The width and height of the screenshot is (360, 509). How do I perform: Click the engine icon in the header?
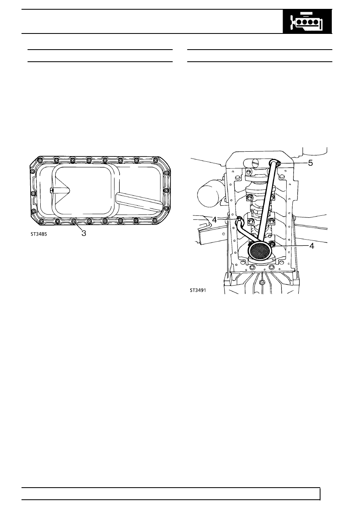(307, 22)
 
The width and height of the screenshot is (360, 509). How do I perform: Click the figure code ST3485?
(39, 234)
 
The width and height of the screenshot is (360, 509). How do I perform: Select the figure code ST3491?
(198, 290)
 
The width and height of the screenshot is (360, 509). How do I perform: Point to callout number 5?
(310, 163)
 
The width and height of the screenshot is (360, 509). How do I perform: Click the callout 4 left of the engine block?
(214, 220)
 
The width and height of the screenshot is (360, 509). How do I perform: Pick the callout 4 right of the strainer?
(312, 246)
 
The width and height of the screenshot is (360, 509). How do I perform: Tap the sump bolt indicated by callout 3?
(73, 221)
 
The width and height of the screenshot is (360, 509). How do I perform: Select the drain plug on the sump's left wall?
(52, 190)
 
